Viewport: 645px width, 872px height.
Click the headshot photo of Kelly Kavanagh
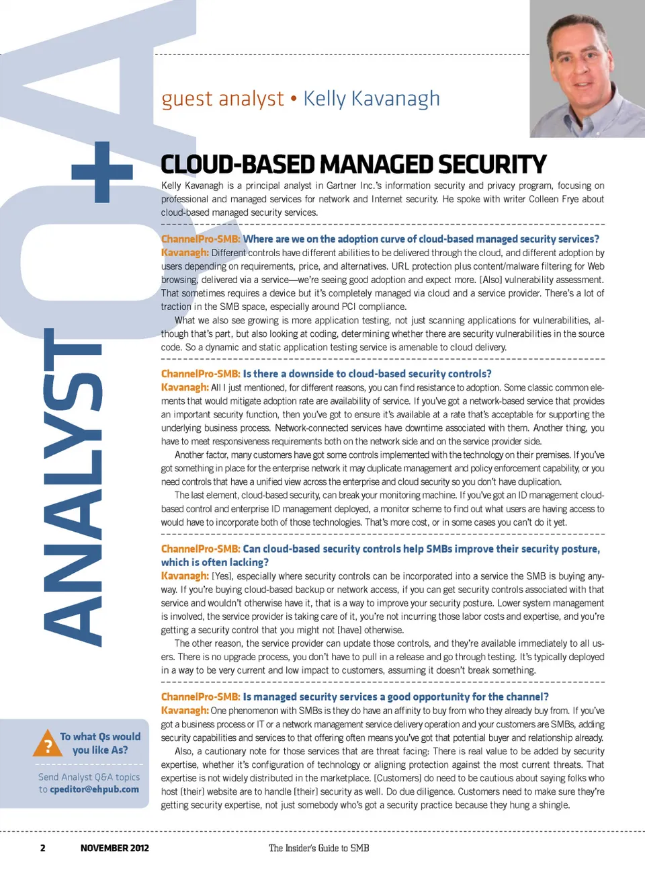587,69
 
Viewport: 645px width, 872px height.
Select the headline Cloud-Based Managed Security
353,164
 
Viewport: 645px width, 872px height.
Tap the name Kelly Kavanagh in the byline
372,99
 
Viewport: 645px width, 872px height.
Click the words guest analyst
222,99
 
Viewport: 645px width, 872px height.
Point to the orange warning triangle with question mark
48,743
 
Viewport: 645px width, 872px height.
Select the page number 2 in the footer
43,848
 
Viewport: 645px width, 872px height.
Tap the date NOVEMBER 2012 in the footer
114,848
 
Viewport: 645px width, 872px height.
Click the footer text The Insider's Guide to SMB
318,848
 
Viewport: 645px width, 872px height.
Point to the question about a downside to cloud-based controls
367,374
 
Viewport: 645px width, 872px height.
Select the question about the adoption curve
421,239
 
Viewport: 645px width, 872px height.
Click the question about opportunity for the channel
395,697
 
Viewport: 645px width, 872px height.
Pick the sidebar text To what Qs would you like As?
100,743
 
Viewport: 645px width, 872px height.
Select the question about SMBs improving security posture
380,555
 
